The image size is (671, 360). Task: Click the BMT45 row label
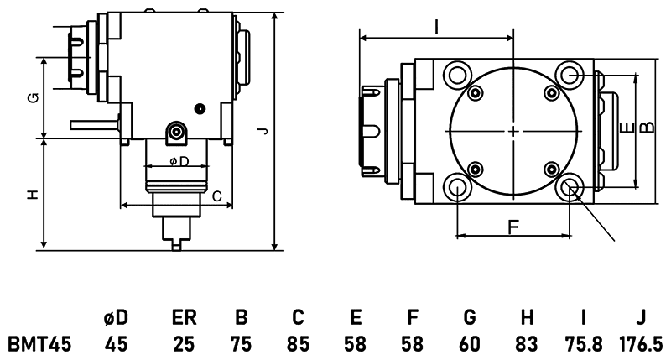[39, 344]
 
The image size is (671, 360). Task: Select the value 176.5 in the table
[641, 344]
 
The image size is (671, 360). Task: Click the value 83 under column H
[527, 344]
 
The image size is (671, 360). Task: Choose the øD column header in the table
[117, 319]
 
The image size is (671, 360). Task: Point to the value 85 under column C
[298, 344]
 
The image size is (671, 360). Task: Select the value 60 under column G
[470, 344]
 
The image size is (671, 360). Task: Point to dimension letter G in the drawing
[33, 97]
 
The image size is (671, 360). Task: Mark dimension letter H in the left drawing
[33, 195]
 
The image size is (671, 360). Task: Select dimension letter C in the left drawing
[216, 196]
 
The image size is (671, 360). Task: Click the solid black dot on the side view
[200, 107]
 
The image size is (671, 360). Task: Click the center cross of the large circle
[513, 131]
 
